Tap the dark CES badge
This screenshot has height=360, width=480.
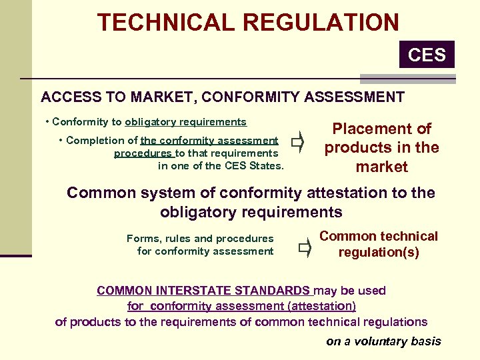427,54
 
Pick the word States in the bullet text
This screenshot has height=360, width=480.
265,166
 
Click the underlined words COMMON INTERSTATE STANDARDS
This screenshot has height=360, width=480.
203,291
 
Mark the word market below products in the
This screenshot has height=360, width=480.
382,167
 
